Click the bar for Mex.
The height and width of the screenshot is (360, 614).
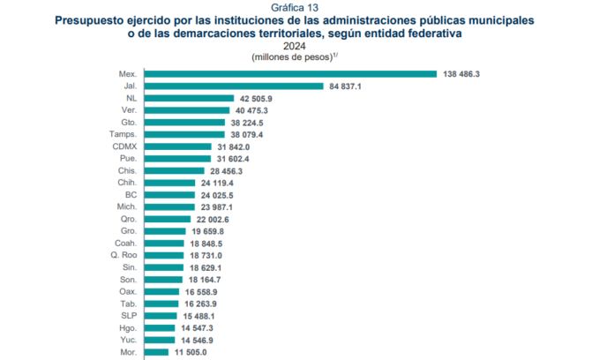(290, 74)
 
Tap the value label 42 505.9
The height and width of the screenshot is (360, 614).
(260, 98)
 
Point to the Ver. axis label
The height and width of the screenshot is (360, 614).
(127, 110)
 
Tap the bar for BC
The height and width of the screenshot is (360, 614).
(169, 194)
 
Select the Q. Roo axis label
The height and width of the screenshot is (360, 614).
(122, 254)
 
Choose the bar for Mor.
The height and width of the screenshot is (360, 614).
(155, 350)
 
